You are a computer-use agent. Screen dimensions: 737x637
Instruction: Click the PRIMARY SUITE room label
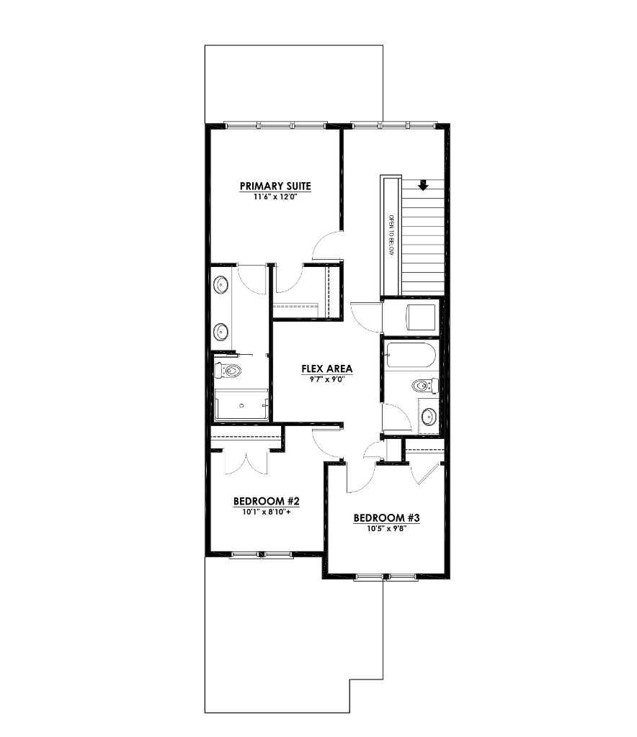tap(275, 186)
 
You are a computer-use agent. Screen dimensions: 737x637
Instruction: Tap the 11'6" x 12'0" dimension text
tap(275, 196)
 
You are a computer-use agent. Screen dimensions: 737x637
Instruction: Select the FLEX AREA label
tap(326, 369)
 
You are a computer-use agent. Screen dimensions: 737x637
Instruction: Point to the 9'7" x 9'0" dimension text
tap(326, 379)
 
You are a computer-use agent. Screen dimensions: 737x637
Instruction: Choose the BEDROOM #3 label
tap(386, 518)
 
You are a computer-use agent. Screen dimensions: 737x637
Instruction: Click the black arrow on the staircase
tap(423, 185)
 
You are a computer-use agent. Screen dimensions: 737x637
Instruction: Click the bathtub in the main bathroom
tap(409, 356)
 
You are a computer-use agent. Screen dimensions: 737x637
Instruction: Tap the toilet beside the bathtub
tap(425, 386)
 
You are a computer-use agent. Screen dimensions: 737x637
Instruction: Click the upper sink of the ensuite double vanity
tap(221, 286)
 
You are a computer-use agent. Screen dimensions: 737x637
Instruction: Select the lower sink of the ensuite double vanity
tap(221, 332)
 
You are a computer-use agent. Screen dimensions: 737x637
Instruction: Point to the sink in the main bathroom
tap(429, 416)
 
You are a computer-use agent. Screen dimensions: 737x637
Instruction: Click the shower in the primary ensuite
tap(241, 406)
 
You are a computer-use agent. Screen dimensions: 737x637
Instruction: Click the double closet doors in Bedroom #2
tap(246, 461)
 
